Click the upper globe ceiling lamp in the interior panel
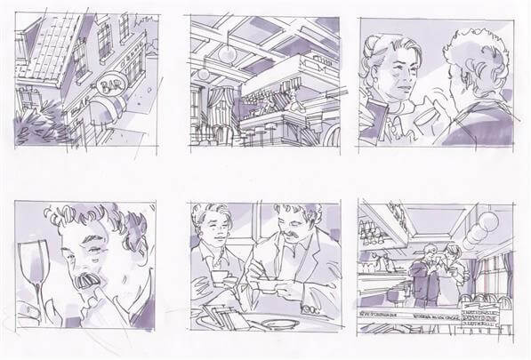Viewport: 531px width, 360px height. click(229, 52)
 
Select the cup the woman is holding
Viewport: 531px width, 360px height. click(430, 115)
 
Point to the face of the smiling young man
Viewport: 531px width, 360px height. click(213, 235)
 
